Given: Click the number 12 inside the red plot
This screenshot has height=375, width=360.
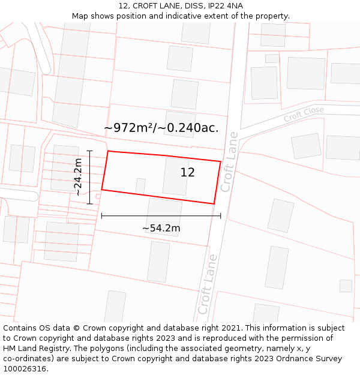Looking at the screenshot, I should pyautogui.click(x=187, y=173).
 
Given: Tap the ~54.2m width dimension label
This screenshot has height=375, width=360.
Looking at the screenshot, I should pyautogui.click(x=161, y=228).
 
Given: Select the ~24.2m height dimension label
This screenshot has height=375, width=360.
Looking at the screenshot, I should pyautogui.click(x=78, y=177).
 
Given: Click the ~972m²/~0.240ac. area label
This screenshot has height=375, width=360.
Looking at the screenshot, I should pyautogui.click(x=161, y=128).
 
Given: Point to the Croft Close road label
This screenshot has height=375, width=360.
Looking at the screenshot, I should pyautogui.click(x=304, y=113).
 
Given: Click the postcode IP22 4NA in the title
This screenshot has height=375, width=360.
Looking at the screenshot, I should pyautogui.click(x=222, y=6).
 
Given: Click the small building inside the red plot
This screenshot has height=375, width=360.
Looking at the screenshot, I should pyautogui.click(x=140, y=186).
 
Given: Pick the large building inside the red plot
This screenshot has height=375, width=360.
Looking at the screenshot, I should pyautogui.click(x=175, y=176).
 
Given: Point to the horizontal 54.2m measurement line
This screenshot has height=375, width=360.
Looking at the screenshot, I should pyautogui.click(x=161, y=216).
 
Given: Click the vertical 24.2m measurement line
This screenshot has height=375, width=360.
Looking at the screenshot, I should pyautogui.click(x=89, y=177).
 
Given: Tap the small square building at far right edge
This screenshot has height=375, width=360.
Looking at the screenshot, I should pyautogui.click(x=346, y=286).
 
